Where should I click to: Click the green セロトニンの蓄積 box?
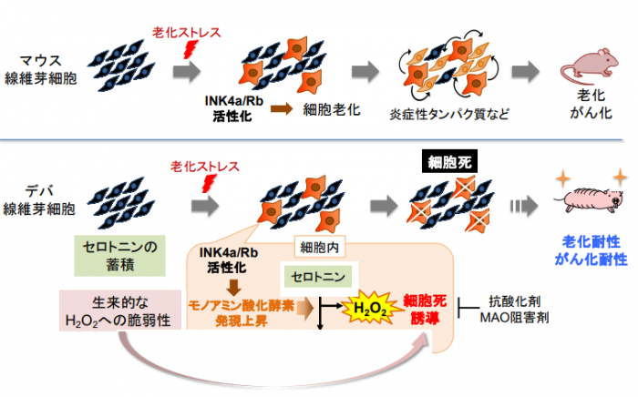coord(120,254)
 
